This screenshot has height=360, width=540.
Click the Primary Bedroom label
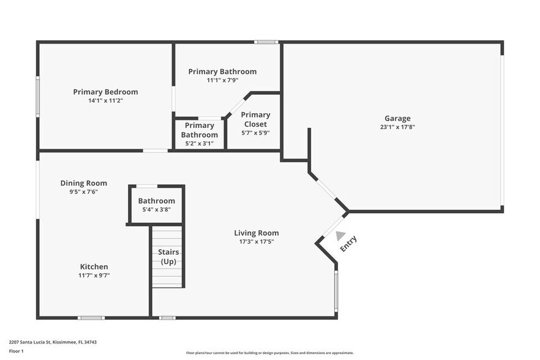point(105,92)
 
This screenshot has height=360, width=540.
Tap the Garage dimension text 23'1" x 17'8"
point(397,127)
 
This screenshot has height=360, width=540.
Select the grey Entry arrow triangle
point(340,236)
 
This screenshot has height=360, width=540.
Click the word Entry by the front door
point(348,244)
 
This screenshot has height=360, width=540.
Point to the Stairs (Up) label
point(168,257)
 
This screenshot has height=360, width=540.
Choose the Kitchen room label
point(94,266)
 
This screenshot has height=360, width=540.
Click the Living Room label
point(256,233)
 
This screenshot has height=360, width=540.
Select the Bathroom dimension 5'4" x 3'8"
point(156,209)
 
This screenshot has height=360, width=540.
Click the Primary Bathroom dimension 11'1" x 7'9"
point(222,80)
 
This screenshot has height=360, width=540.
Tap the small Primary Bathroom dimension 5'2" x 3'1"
point(200,143)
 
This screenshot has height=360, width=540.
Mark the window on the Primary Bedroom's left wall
point(38,96)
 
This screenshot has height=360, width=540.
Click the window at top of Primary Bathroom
point(266,42)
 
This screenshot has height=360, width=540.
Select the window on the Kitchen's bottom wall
point(91,317)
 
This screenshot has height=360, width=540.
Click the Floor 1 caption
point(17,351)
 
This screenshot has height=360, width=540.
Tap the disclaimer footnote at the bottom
point(269,353)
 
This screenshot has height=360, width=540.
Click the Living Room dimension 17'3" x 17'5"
point(256,242)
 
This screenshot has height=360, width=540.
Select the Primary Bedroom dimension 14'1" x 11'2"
point(105,100)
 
